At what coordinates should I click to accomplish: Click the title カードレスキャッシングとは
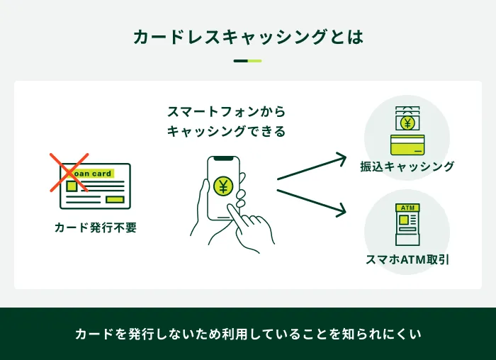tap(248, 37)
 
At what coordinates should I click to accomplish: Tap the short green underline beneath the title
tap(248, 61)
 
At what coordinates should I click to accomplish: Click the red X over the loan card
tap(69, 172)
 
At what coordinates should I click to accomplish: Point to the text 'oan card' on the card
tap(93, 174)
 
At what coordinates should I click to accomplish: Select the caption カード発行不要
tap(95, 227)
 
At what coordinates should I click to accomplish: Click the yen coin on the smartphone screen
tap(223, 186)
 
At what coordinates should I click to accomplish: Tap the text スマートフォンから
tap(226, 112)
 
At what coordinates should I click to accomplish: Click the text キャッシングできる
tap(226, 131)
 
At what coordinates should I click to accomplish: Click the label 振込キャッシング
tap(407, 167)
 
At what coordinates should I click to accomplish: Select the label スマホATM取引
tap(407, 260)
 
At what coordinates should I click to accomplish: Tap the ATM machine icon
tap(407, 225)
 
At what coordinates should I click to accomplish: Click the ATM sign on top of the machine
tap(407, 208)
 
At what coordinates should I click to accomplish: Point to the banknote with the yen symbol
tap(407, 123)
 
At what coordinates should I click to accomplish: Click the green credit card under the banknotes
tap(407, 145)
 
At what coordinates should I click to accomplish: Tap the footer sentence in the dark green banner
tap(248, 333)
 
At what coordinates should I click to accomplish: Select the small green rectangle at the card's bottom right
tap(114, 199)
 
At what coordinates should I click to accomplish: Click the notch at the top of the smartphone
tap(223, 159)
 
